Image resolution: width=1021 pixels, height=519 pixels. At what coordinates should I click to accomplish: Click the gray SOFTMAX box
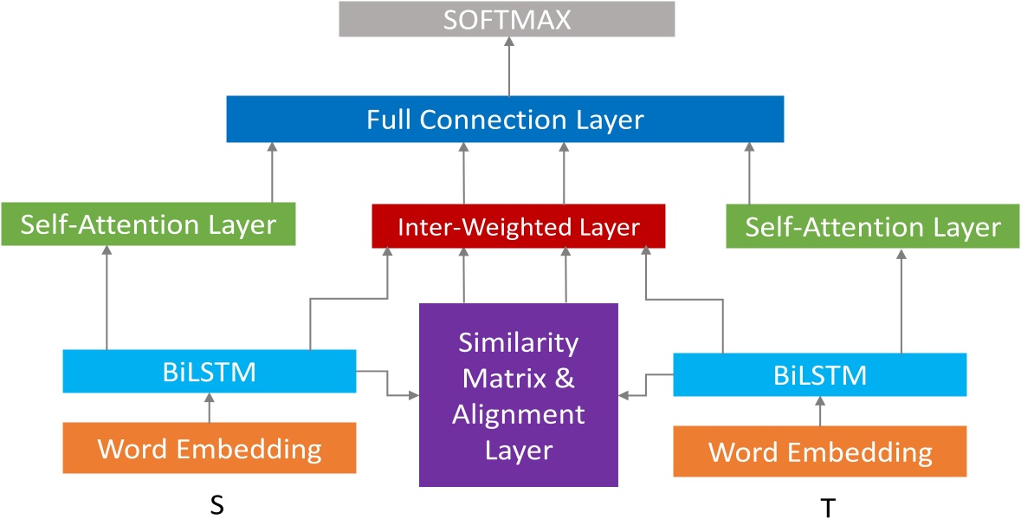507,19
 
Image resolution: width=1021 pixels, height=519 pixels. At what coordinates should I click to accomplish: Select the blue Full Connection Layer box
505,119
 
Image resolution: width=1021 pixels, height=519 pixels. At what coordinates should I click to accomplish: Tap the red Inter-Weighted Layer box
518,227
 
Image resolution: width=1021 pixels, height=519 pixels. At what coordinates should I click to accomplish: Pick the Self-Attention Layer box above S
148,225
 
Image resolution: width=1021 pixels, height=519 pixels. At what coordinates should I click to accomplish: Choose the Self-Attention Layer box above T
872,227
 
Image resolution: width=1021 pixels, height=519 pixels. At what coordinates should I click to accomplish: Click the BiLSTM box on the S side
210,372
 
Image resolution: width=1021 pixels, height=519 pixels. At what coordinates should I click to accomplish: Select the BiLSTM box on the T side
819,375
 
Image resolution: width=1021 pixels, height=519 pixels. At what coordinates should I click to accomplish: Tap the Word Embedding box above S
210,449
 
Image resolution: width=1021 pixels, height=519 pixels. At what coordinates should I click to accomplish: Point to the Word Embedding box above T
819,451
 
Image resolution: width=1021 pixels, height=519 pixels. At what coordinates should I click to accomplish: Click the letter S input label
217,505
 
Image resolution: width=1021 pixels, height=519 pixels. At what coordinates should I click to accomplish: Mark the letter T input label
828,508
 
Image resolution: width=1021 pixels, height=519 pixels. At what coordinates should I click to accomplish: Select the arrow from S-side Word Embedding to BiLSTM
209,408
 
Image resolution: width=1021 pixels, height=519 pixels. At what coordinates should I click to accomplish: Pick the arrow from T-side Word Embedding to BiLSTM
820,412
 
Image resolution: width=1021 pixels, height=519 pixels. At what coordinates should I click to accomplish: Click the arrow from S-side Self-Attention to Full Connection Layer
272,172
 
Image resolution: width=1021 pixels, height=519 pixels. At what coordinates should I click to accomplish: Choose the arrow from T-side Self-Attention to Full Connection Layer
749,173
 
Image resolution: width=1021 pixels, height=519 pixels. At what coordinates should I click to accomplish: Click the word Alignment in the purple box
518,415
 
